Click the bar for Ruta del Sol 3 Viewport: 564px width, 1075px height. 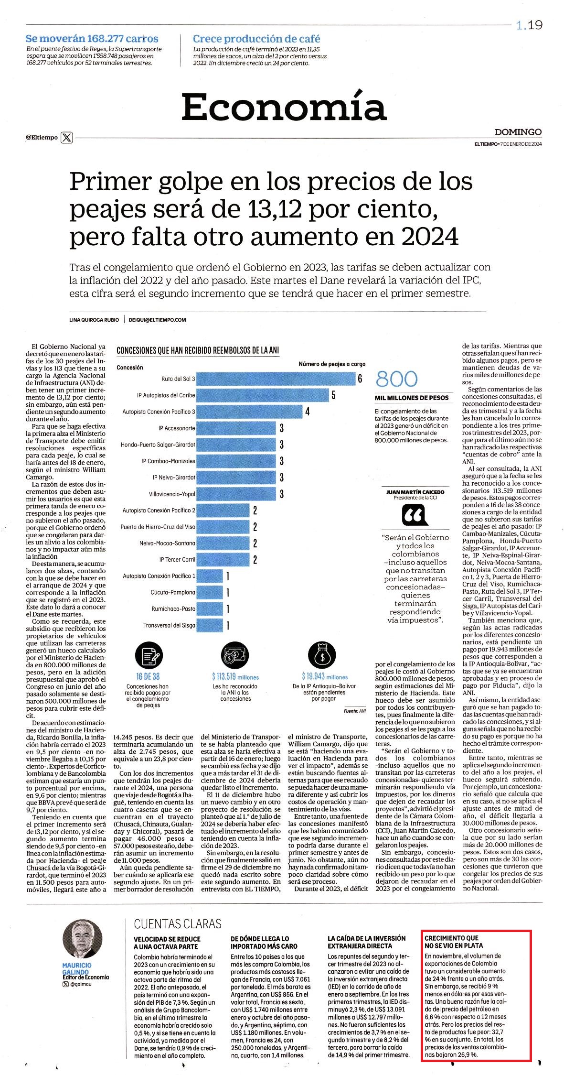(x=276, y=379)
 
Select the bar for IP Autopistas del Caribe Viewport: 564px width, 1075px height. (x=263, y=395)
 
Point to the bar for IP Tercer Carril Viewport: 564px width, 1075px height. (x=223, y=560)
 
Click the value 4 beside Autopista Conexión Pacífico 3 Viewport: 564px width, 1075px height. (x=308, y=412)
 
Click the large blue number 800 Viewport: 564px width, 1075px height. (x=396, y=379)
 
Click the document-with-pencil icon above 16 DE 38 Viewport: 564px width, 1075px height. (x=149, y=656)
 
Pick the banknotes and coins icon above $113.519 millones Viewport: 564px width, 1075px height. (x=235, y=656)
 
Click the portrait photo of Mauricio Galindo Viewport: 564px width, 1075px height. (x=82, y=939)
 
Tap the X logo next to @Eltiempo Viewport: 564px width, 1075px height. (x=67, y=138)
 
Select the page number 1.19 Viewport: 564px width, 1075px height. (x=529, y=25)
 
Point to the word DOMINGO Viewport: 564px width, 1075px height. (x=518, y=132)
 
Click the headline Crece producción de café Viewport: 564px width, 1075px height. (x=256, y=39)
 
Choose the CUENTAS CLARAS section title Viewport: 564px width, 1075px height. (x=178, y=924)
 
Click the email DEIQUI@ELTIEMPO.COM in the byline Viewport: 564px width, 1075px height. (x=157, y=320)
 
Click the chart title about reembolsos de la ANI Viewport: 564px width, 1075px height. (x=198, y=350)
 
